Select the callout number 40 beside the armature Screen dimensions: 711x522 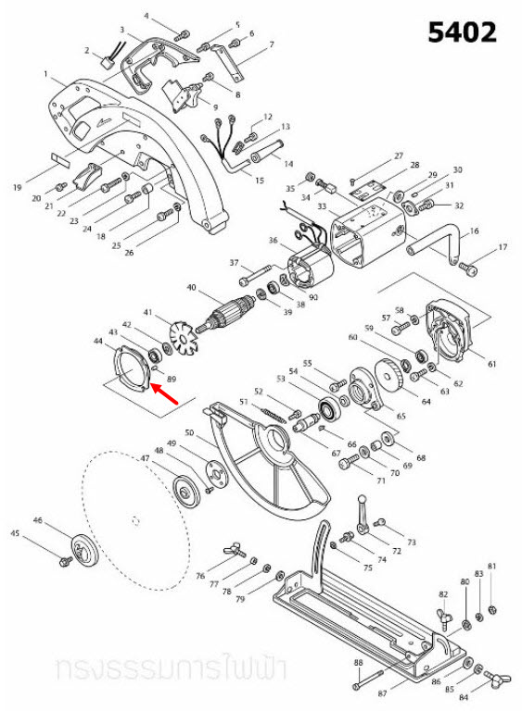tap(192, 287)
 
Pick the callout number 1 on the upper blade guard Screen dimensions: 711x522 tap(45, 73)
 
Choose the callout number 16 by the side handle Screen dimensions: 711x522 tap(476, 230)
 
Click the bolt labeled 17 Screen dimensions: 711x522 tap(469, 268)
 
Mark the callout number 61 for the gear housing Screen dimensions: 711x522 tap(491, 364)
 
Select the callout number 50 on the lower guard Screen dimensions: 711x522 tap(188, 433)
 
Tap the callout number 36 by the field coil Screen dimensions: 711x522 tap(273, 242)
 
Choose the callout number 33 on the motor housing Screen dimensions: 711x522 tap(321, 206)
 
